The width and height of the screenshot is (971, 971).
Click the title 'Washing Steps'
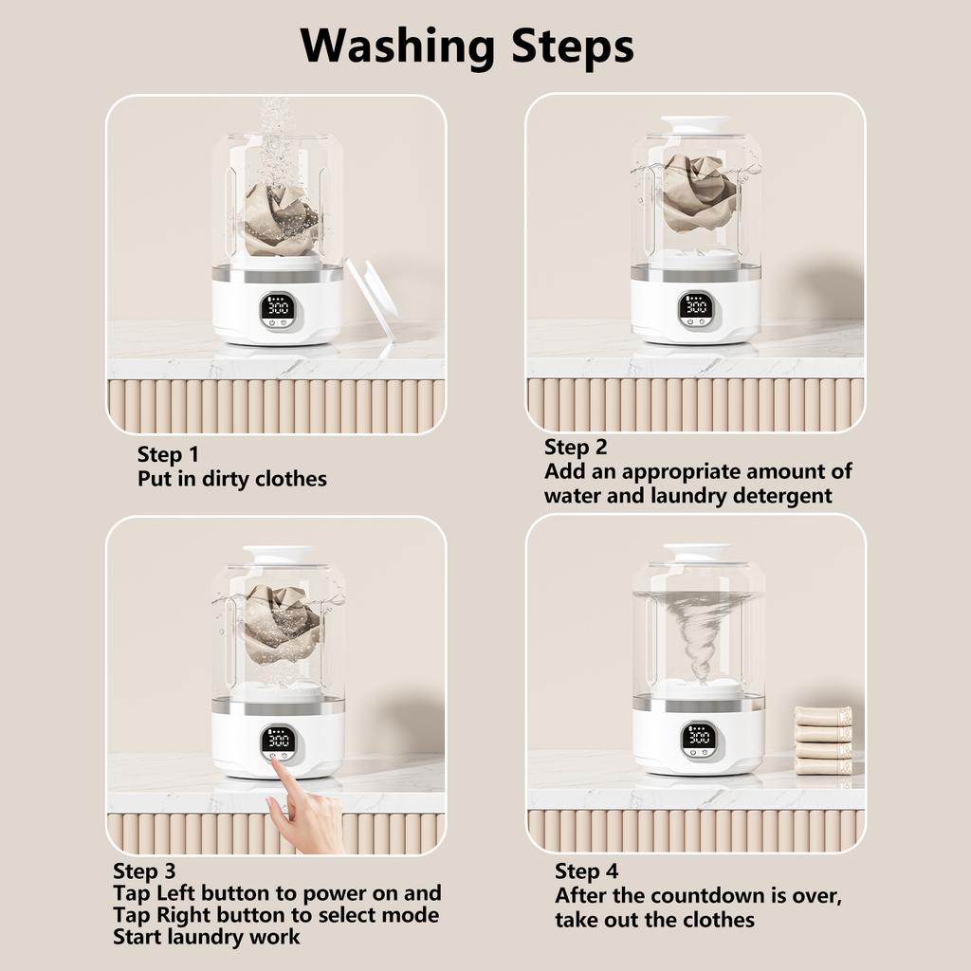click(x=467, y=45)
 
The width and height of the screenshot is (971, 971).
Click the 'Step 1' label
click(x=168, y=454)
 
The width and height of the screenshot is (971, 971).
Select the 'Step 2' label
click(x=576, y=447)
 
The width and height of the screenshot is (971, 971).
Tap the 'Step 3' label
click(x=144, y=870)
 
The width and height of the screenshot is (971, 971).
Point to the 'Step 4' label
click(x=587, y=871)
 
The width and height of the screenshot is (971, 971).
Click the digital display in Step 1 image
click(x=278, y=307)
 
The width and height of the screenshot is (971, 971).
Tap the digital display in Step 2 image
click(x=696, y=305)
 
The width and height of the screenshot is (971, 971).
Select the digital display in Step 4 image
click(x=698, y=736)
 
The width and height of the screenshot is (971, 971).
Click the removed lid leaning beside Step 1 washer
click(x=373, y=298)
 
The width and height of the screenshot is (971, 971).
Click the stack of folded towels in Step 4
click(x=822, y=740)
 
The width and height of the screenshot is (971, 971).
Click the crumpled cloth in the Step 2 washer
click(x=699, y=192)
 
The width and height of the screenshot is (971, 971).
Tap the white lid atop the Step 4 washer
click(x=698, y=552)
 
